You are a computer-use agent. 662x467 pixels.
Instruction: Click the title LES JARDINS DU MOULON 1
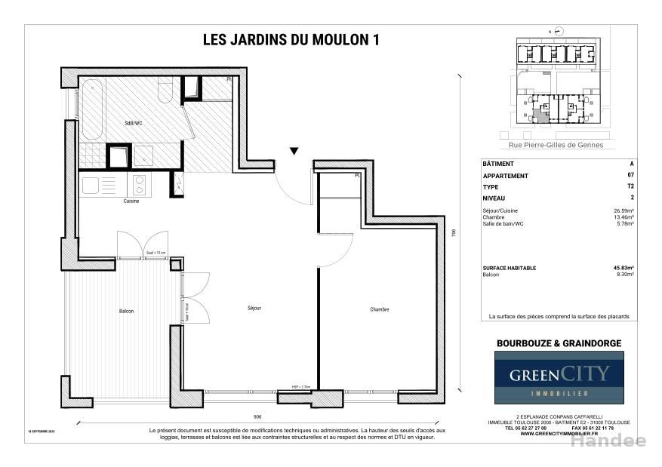(x=291, y=40)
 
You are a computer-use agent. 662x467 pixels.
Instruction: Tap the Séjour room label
(x=254, y=309)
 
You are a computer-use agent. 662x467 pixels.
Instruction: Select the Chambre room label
(x=379, y=309)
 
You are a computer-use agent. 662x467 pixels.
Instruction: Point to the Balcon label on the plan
(x=126, y=311)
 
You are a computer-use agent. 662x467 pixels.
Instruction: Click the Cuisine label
(x=131, y=201)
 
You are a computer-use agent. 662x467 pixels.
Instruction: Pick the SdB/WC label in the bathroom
(x=134, y=122)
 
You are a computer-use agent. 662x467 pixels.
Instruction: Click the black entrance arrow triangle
(x=294, y=151)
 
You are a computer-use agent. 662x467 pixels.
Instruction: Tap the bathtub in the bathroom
(x=92, y=109)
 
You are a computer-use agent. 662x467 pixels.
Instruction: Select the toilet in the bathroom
(x=165, y=91)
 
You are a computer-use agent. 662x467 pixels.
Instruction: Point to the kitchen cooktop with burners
(x=140, y=185)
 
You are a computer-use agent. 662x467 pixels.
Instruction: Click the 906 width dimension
(x=257, y=416)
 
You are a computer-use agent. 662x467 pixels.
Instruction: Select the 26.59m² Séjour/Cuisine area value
(x=624, y=210)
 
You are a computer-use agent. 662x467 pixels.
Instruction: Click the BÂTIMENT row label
(x=497, y=164)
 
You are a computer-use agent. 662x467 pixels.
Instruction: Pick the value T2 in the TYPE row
(x=630, y=186)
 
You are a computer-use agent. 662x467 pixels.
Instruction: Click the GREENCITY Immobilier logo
(x=559, y=377)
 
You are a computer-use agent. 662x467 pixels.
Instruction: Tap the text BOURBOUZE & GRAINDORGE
(x=559, y=343)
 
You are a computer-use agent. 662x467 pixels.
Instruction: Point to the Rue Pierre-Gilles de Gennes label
(x=556, y=145)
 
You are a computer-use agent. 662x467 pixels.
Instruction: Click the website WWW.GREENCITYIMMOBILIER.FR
(x=559, y=434)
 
